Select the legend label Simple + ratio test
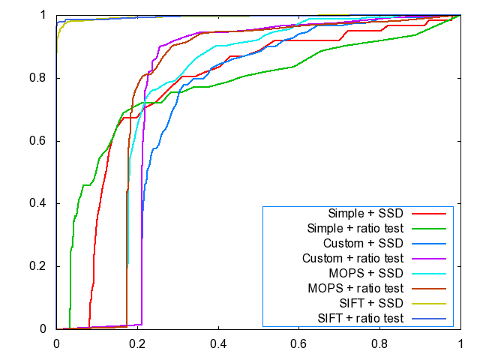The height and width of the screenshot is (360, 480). pos(356,228)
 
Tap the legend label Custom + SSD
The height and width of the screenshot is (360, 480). pos(364,243)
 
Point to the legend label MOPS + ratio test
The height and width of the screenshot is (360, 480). pos(356,288)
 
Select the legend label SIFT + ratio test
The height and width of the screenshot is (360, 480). pos(361,318)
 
